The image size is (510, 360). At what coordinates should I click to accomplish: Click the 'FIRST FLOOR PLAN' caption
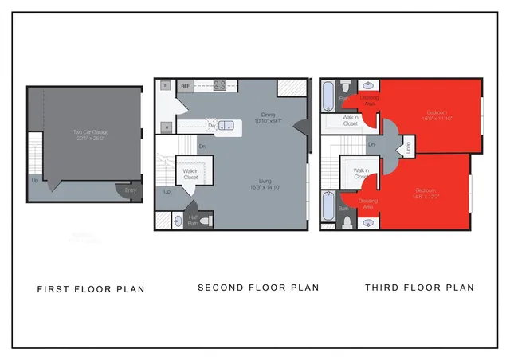(91, 289)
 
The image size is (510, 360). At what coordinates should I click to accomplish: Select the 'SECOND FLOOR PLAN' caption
(258, 288)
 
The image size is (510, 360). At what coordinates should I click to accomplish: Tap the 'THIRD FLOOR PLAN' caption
(419, 288)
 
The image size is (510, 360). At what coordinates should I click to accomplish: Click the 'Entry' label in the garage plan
(130, 191)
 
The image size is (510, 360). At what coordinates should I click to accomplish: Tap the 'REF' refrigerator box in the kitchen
(185, 85)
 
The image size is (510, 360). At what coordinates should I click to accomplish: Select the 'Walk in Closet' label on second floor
(190, 174)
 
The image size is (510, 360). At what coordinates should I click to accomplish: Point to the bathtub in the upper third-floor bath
(328, 96)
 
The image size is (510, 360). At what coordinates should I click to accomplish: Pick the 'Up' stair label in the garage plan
(34, 180)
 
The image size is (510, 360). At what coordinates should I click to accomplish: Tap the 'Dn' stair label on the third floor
(371, 144)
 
